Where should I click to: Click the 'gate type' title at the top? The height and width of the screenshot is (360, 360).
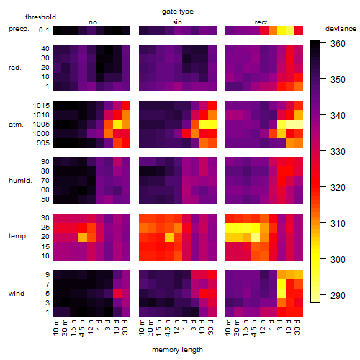point(178,12)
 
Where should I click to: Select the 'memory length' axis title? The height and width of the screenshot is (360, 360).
point(177,350)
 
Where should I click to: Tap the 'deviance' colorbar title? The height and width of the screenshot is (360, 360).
point(341,29)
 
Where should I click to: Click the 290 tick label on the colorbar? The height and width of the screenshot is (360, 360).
point(338,295)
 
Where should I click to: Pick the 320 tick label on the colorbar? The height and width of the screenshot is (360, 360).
point(338,187)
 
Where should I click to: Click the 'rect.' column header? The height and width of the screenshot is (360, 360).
point(262,22)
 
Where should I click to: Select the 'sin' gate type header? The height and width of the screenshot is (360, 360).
point(177,22)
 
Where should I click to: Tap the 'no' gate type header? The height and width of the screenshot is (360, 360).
point(93,22)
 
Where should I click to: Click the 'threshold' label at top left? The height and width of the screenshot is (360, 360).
point(40,17)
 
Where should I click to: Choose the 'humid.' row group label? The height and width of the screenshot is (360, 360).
point(20,181)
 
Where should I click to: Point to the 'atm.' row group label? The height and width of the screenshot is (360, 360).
point(16,125)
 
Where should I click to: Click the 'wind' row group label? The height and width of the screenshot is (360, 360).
point(17,294)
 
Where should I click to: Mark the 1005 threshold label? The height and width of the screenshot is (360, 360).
point(41,125)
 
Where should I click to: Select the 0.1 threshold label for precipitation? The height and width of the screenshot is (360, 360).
point(44,30)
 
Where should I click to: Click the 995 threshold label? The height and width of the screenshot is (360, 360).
point(43,143)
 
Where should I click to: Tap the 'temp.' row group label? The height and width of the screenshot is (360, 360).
point(18,236)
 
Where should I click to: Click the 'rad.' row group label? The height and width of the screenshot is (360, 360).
point(15,68)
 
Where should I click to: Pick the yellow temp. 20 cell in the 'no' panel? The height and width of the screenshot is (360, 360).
point(83,237)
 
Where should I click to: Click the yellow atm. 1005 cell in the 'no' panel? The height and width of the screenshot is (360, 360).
point(117,125)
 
